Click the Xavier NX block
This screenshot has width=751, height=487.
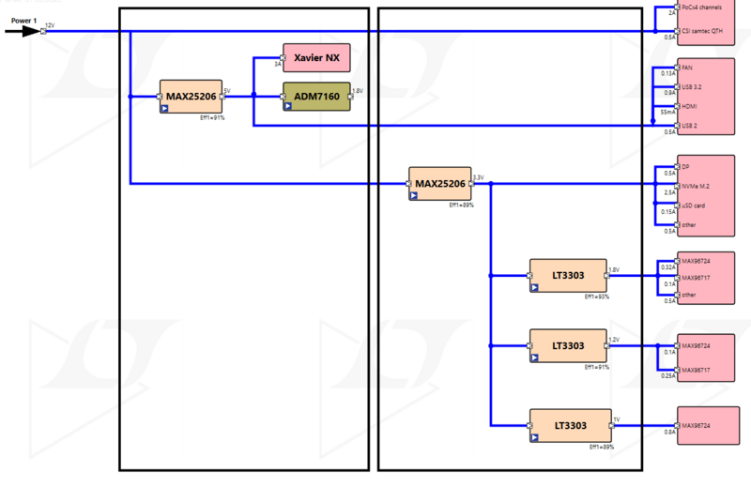point(316,58)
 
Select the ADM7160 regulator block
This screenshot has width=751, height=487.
point(316,96)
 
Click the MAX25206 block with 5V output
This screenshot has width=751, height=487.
point(191,96)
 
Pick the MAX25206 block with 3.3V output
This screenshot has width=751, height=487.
point(440,183)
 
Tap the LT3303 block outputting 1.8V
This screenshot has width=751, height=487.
point(569,275)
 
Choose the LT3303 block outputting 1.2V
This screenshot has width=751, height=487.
point(569,345)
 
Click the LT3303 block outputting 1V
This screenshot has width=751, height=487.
point(569,425)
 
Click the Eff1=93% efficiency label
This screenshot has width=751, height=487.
point(597,297)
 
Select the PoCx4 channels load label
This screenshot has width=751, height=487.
point(702,7)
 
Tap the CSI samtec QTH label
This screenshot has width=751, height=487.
point(701,30)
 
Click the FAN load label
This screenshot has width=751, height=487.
point(687,67)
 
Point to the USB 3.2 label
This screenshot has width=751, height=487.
point(693,86)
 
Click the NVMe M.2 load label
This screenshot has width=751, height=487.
point(697,186)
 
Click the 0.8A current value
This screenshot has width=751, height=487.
point(669,432)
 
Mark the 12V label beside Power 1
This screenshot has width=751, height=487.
point(50,25)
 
